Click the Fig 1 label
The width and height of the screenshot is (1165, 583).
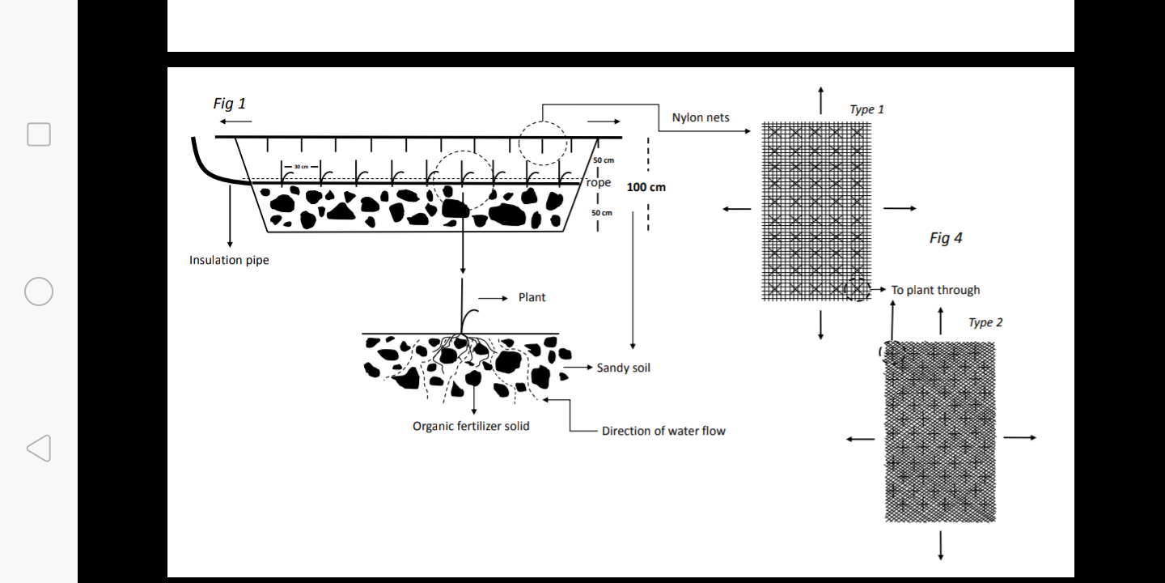(229, 104)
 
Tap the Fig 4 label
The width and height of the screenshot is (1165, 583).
(946, 238)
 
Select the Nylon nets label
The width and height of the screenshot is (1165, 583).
(701, 117)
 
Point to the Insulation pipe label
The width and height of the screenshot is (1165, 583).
(229, 260)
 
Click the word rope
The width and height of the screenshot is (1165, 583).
(599, 182)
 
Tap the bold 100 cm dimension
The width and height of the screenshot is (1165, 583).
(646, 187)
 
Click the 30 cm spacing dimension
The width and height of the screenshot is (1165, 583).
(301, 166)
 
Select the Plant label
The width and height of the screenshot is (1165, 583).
(532, 297)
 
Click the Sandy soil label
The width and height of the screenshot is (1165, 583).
(623, 368)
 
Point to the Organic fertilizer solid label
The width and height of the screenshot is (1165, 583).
(471, 426)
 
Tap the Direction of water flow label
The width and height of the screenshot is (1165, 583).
(663, 431)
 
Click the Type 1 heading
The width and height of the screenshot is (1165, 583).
(866, 109)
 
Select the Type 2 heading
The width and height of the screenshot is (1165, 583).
(985, 322)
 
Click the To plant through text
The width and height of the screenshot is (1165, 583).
(935, 290)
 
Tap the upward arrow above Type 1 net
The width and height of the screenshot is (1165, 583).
(821, 100)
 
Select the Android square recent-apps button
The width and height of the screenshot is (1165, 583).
(39, 134)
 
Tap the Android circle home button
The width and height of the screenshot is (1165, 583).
(39, 291)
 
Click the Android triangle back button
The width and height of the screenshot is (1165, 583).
(39, 449)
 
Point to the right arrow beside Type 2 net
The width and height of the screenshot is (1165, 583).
(1019, 437)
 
